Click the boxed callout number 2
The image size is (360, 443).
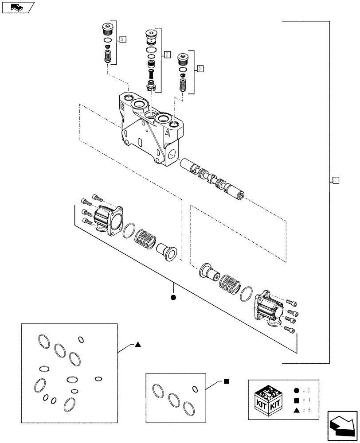point(167,54)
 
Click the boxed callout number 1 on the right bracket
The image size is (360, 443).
point(336,180)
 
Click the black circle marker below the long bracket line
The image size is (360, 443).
point(173,297)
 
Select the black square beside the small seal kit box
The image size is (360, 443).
point(226,381)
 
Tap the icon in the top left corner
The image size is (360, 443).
point(17,7)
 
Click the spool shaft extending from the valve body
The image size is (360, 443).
point(213,179)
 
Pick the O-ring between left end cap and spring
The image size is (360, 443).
point(129,231)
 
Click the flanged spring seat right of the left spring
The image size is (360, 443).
point(168,252)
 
